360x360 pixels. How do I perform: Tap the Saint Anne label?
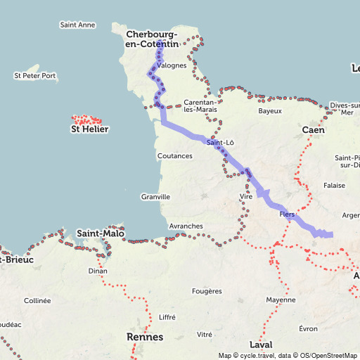click(77, 25)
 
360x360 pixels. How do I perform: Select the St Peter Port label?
click(34, 75)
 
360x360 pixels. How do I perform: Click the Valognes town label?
click(172, 65)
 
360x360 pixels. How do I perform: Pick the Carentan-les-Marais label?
click(200, 105)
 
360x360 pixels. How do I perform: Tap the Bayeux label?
click(270, 111)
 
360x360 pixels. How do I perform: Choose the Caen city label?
click(313, 131)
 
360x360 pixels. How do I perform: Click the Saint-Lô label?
click(220, 142)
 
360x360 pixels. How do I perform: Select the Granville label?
click(155, 197)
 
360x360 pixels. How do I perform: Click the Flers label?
click(287, 214)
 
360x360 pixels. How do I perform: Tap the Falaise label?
click(334, 186)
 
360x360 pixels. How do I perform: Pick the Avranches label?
click(186, 226)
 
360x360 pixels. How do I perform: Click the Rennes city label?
click(145, 337)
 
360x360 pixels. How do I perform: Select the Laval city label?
click(260, 345)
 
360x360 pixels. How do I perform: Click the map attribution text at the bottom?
click(288, 355)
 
